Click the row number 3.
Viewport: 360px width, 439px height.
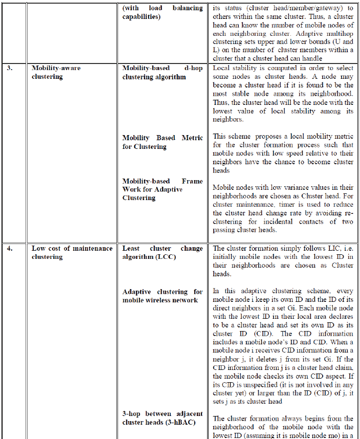10,68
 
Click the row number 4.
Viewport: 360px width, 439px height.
10,249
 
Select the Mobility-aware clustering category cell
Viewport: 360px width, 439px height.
56,72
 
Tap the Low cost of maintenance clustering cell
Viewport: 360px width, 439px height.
72,253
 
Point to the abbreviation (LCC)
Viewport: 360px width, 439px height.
164,257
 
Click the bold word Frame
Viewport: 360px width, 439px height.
192,181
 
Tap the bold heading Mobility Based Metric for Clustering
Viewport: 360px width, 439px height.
162,142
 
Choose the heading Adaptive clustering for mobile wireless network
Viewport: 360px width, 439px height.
162,296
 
